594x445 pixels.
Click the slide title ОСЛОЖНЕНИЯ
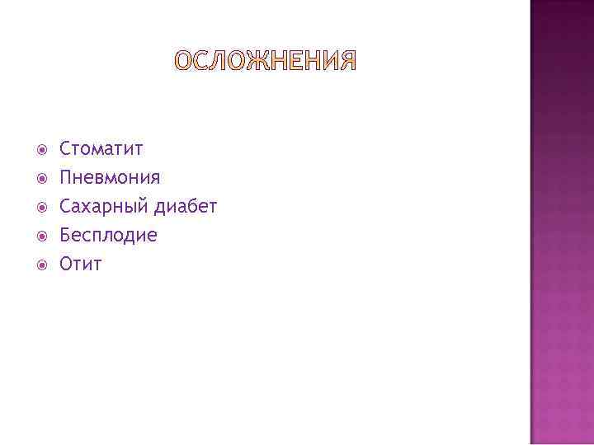266,62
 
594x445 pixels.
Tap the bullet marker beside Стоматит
41,149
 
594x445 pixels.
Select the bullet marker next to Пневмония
41,178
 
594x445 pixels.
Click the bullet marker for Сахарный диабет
41,207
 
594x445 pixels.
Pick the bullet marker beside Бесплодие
41,236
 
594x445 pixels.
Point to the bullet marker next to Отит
41,265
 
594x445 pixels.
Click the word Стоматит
101,149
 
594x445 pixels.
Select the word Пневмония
110,178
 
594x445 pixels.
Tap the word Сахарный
97,207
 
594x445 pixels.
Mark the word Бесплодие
108,236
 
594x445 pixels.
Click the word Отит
81,265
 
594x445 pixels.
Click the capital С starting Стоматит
65,149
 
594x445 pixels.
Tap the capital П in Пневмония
66,178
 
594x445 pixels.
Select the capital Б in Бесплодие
66,236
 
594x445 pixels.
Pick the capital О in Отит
67,265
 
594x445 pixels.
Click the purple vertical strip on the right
561,222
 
